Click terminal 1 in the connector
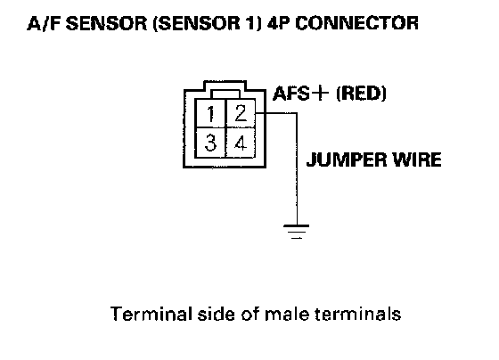[x=210, y=113]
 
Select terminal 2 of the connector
[x=241, y=113]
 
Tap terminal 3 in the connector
[x=210, y=143]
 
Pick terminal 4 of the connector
[x=241, y=143]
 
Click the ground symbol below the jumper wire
[x=296, y=232]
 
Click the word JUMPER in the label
[x=347, y=160]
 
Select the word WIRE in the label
[x=417, y=160]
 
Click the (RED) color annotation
[x=361, y=94]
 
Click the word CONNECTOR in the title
[x=356, y=23]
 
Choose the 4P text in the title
[x=279, y=23]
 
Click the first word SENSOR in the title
[x=106, y=23]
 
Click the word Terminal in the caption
[x=151, y=315]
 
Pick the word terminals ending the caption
[x=357, y=315]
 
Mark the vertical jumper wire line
[x=297, y=168]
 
